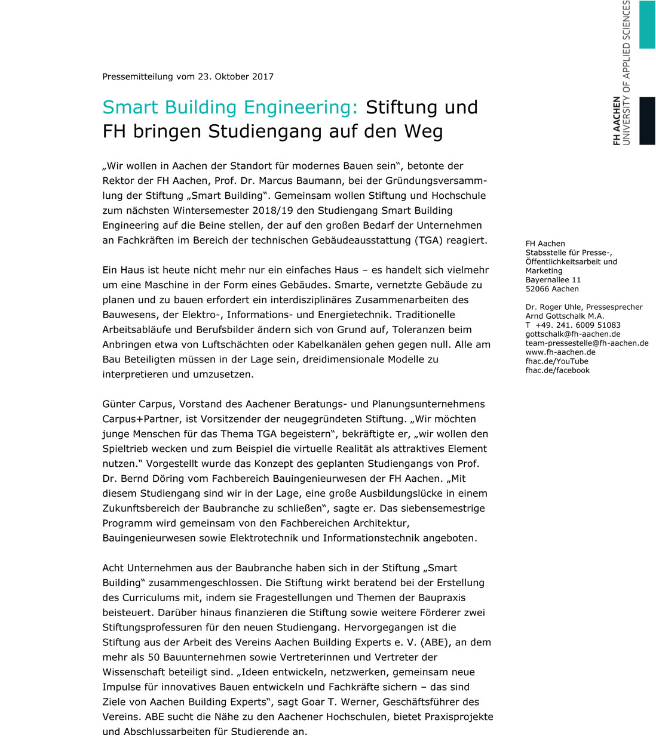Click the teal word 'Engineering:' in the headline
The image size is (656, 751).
point(301,107)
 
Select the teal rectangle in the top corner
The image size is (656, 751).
point(647,24)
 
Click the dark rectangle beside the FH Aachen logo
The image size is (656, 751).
point(647,121)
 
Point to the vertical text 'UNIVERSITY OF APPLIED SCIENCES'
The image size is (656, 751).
point(626,72)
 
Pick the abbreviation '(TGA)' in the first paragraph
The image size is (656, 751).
point(429,241)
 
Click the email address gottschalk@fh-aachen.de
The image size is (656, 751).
point(572,334)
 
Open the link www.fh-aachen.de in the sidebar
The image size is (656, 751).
point(560,352)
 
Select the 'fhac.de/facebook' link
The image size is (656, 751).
point(557,370)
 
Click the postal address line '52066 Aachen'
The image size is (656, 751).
point(552,289)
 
